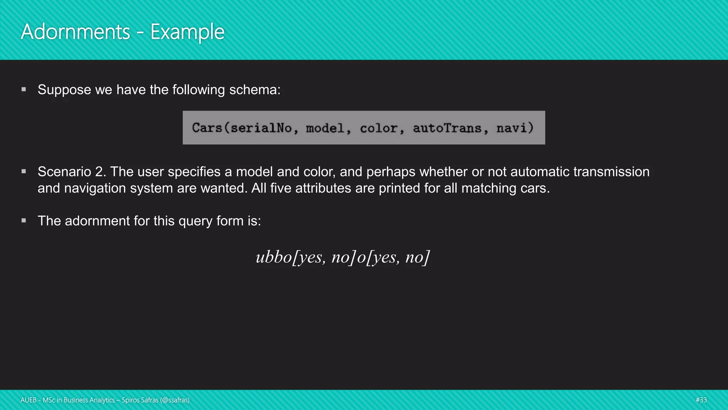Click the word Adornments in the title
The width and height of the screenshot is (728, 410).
coord(76,32)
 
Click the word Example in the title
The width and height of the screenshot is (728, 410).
coord(187,32)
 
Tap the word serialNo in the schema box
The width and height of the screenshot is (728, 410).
coord(261,128)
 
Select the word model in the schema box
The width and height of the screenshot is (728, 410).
coord(325,128)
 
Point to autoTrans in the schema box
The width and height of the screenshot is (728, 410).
coord(447,128)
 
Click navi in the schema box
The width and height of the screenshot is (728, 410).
coord(512,128)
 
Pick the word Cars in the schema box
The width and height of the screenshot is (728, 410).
coord(207,128)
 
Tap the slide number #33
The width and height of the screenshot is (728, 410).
coord(701,400)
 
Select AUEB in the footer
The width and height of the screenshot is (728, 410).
coord(28,400)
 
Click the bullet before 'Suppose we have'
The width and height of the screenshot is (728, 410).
coord(24,89)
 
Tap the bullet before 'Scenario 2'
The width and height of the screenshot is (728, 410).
coord(24,171)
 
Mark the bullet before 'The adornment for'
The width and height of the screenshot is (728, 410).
coord(24,221)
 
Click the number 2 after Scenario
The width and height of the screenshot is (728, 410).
coord(99,172)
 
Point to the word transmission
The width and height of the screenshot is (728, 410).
coord(611,172)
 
